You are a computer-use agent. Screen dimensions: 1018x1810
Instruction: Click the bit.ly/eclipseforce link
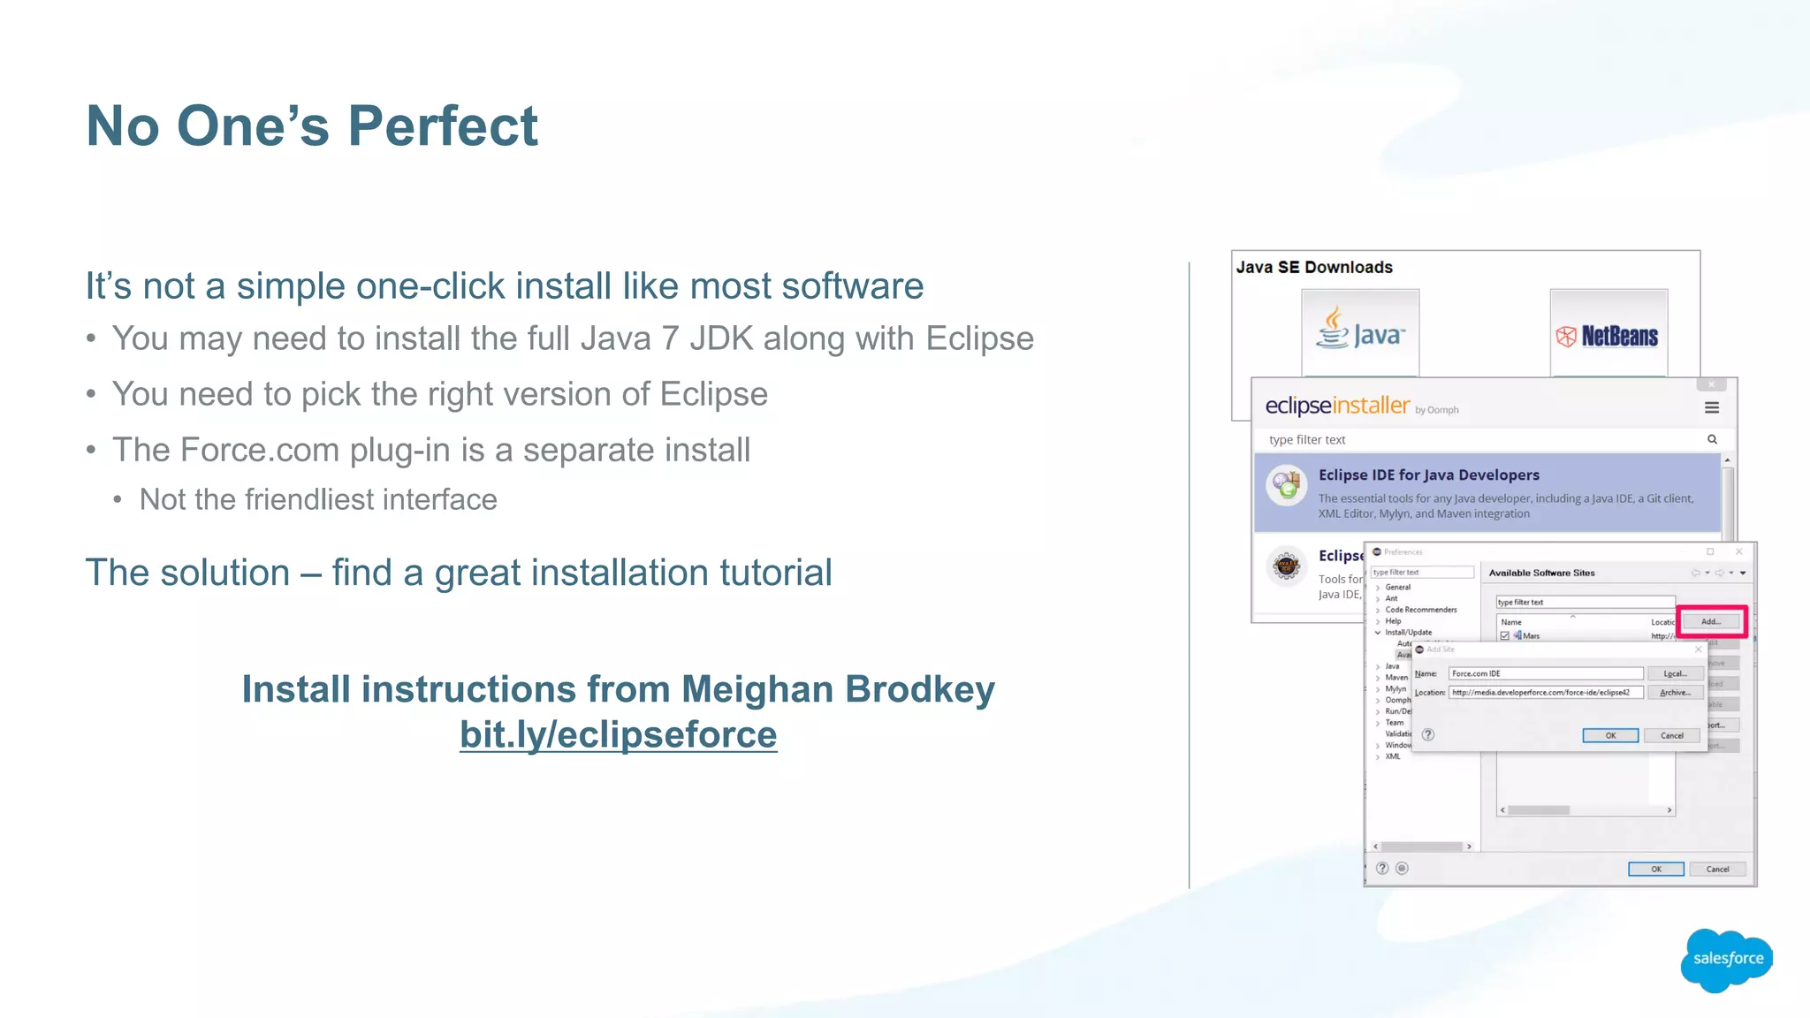pos(618,734)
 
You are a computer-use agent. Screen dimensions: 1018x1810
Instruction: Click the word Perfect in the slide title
pos(443,126)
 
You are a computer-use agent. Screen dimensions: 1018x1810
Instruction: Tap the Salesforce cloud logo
pos(1727,959)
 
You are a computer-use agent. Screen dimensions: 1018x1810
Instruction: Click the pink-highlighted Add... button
pos(1711,621)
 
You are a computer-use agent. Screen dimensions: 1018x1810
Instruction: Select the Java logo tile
pos(1360,333)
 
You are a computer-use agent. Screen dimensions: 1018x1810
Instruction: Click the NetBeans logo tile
pos(1608,335)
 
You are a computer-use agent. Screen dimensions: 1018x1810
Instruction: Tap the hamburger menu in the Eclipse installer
pos(1712,407)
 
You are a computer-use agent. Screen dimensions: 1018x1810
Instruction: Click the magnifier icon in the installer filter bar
pos(1712,439)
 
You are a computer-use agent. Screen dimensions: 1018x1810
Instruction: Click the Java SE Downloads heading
pos(1314,267)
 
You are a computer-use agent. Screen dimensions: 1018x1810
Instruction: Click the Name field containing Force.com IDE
pos(1545,673)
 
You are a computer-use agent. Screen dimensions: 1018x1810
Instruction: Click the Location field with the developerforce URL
pos(1545,692)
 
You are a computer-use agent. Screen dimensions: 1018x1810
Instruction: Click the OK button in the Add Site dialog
pos(1609,735)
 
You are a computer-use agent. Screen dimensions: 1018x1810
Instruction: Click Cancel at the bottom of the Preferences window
pos(1717,869)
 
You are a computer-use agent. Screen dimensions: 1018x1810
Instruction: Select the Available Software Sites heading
pos(1541,573)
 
